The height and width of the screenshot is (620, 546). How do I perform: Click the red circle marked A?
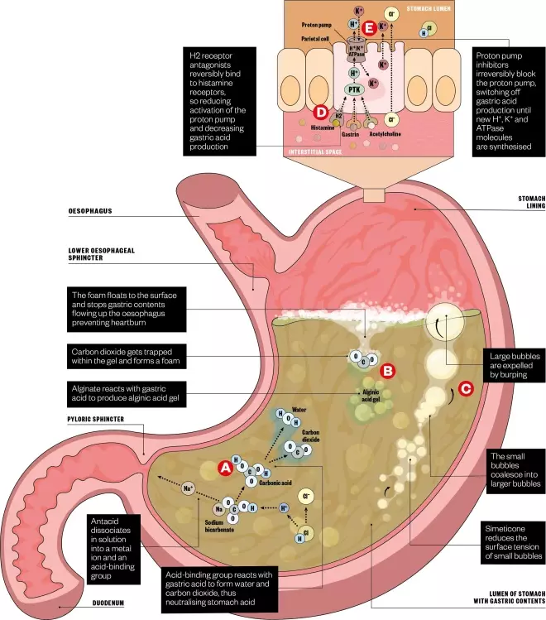pyautogui.click(x=224, y=468)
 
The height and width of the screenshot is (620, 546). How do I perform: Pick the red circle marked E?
pyautogui.click(x=383, y=26)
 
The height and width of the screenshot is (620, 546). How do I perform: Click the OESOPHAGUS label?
pyautogui.click(x=90, y=211)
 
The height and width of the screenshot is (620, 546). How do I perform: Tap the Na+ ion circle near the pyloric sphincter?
pyautogui.click(x=189, y=487)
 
